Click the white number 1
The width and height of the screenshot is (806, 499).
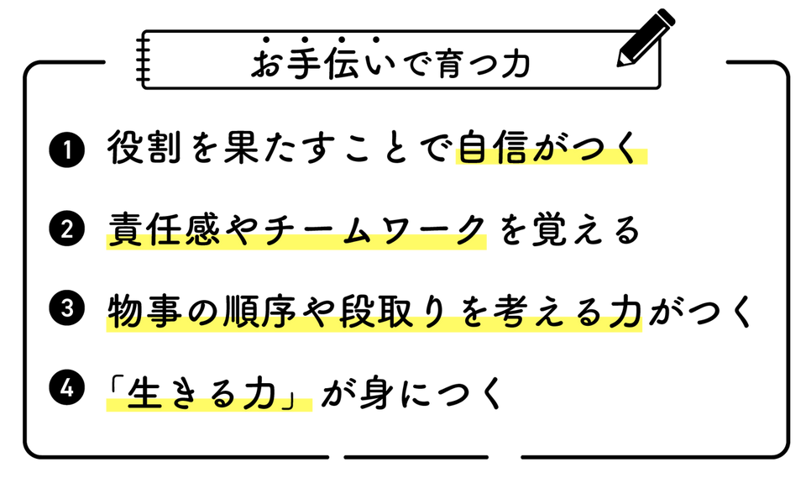coord(67,150)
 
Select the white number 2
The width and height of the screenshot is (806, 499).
coord(67,229)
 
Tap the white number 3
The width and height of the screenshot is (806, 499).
coord(67,308)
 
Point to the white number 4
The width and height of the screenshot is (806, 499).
coord(67,388)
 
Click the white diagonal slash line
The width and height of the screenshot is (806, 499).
coord(649,43)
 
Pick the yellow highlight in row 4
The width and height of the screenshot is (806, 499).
coord(209,404)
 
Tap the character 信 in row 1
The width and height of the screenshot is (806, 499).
coord(511,155)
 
